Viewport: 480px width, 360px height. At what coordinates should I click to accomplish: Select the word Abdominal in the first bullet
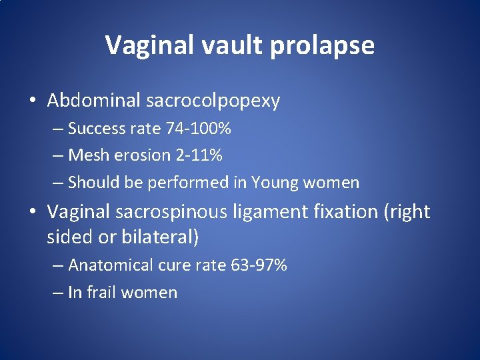93,101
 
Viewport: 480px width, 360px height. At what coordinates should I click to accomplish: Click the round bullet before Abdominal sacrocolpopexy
33,101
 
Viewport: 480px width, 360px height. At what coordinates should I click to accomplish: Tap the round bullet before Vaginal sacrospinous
33,213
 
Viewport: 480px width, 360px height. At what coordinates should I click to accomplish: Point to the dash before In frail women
58,293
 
